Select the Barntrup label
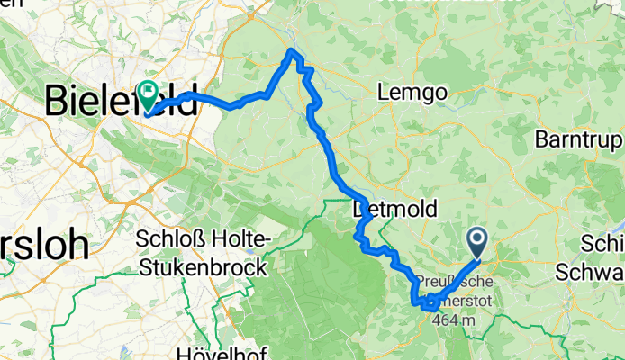(x=577, y=139)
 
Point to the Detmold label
(x=395, y=210)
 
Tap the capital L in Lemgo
(x=387, y=93)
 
